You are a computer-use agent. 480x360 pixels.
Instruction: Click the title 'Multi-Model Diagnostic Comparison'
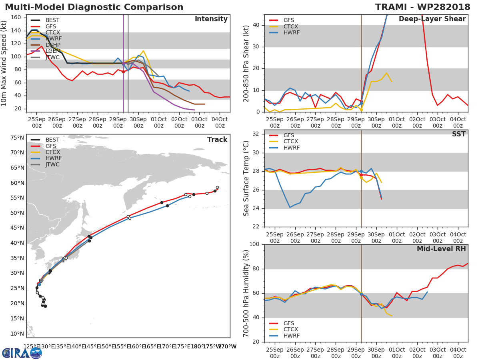[94, 7]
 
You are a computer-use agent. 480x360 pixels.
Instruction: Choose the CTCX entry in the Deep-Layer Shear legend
[291, 26]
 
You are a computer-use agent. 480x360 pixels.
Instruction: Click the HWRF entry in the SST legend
[291, 148]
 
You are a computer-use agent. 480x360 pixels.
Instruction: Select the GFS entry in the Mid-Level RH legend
[291, 323]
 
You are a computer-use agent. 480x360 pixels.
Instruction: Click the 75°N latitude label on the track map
[17, 138]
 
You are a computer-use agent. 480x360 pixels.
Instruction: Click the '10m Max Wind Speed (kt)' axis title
[4, 64]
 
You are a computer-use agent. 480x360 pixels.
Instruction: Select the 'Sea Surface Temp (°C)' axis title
[246, 178]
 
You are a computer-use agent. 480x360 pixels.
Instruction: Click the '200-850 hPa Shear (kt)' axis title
[246, 63]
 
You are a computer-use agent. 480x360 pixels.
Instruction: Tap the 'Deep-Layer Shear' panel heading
[432, 19]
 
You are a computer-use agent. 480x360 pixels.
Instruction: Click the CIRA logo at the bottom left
[22, 353]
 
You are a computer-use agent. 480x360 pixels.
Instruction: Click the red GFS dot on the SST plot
[361, 175]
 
